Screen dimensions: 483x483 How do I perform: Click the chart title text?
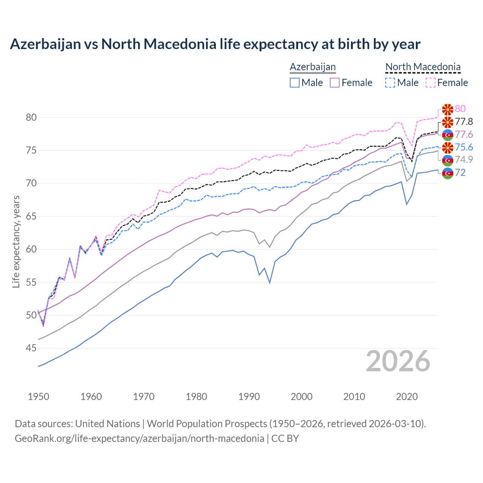(215, 44)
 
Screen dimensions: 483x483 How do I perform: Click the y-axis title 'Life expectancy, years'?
(16, 241)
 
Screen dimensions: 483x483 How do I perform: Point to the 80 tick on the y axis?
(31, 118)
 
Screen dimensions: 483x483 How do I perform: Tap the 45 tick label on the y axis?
(31, 348)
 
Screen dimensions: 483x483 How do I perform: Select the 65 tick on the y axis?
(31, 217)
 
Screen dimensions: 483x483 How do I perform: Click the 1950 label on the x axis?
(38, 397)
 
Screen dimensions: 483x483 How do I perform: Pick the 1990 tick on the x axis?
(249, 397)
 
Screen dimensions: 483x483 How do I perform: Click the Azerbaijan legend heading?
(313, 67)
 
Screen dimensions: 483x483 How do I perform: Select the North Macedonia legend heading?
(423, 67)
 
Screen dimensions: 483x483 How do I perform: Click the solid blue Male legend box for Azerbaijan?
(295, 83)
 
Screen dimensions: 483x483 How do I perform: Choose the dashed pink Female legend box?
(431, 83)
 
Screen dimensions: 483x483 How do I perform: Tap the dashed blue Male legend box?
(390, 83)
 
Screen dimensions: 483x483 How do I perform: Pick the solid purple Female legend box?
(335, 83)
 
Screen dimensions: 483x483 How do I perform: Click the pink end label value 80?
(460, 109)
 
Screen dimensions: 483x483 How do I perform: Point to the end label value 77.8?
(464, 122)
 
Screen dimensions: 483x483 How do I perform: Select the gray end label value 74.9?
(464, 160)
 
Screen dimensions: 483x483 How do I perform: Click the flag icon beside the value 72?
(448, 173)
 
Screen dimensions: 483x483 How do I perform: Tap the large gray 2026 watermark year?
(398, 361)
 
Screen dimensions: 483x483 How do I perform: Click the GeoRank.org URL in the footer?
(139, 438)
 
